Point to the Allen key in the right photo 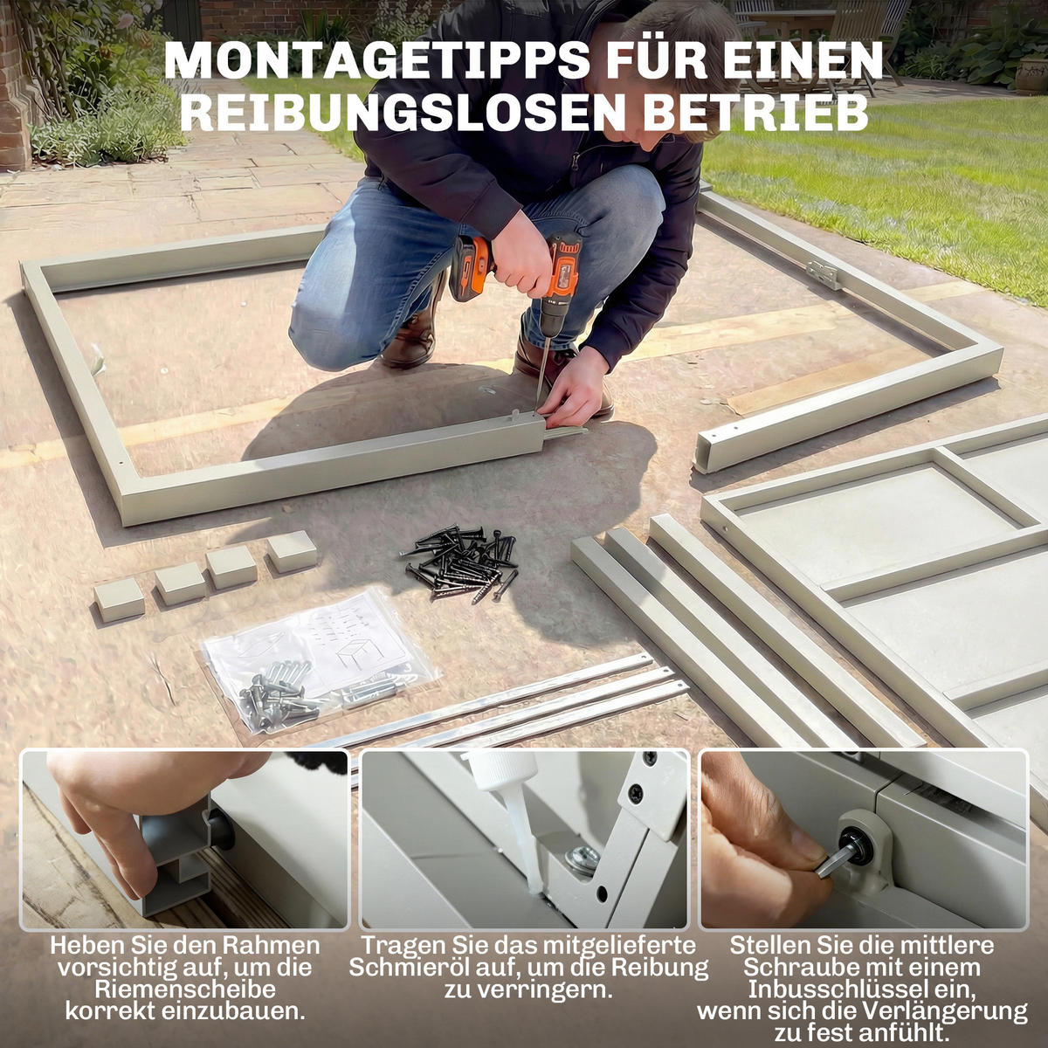click(834, 860)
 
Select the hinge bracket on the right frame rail click(823, 273)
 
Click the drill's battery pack click(472, 266)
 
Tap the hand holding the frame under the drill click(573, 389)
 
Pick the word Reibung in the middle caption click(658, 968)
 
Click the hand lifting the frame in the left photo click(131, 812)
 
